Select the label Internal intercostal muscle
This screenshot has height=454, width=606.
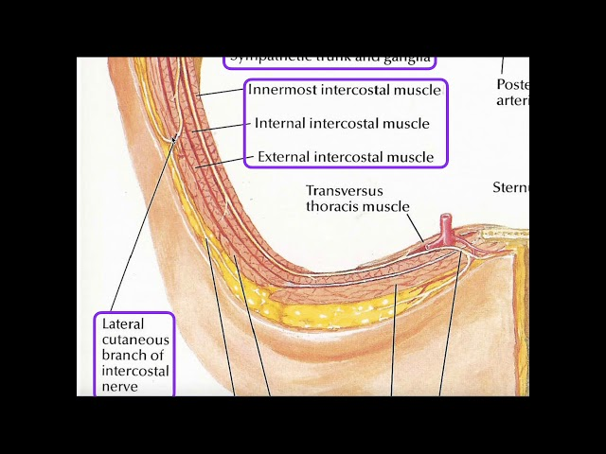[342, 123]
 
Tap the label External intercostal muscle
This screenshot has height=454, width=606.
[346, 157]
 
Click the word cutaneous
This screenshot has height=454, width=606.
[134, 340]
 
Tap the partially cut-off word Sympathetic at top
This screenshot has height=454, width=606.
[264, 59]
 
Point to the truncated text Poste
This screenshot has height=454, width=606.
[512, 84]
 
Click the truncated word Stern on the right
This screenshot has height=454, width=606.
[510, 187]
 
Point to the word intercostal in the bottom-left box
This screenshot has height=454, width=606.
[135, 371]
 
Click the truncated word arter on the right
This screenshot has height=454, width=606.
[512, 100]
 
